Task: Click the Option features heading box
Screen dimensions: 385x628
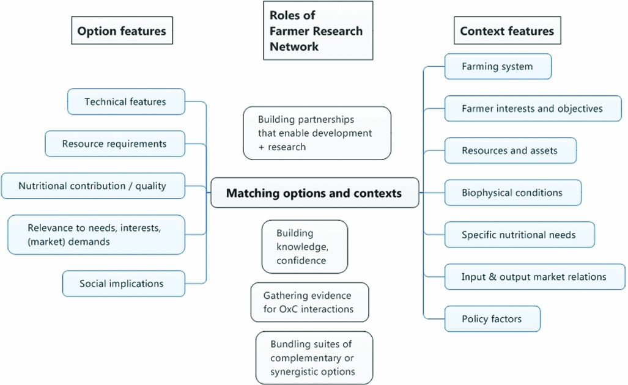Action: (121, 31)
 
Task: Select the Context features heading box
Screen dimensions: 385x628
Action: (507, 31)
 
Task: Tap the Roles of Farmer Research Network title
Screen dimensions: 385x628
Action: (317, 31)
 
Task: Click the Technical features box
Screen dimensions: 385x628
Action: (125, 101)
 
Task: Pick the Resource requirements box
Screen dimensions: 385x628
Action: (114, 144)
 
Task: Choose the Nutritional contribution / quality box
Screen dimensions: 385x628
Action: (93, 186)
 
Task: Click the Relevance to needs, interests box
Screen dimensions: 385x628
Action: (96, 234)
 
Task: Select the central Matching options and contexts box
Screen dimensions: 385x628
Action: (314, 193)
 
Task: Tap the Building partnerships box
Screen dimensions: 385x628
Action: (317, 133)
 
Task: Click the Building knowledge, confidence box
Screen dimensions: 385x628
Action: (305, 247)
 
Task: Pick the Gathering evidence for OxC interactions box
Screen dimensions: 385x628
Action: (309, 302)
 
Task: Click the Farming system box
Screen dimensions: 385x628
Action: (497, 67)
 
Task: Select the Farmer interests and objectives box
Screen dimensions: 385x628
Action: (532, 109)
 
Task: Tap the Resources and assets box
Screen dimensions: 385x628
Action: (510, 150)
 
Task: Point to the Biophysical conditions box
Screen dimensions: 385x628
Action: (512, 193)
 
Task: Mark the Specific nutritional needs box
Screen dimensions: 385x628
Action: (519, 235)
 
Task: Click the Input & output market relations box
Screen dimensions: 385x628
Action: (534, 277)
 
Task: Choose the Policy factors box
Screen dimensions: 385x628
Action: (492, 319)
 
